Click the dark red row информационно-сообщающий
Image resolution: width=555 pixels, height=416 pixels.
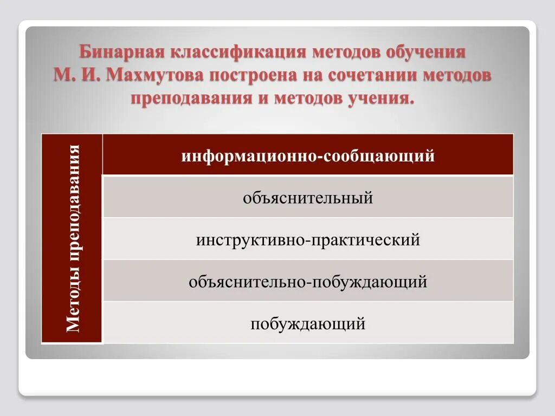click(308, 156)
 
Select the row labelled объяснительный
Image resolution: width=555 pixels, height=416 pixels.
click(308, 198)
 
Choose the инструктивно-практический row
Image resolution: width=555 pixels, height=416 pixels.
click(308, 239)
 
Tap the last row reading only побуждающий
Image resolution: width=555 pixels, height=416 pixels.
click(308, 324)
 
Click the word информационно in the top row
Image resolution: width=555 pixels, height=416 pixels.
click(251, 156)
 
